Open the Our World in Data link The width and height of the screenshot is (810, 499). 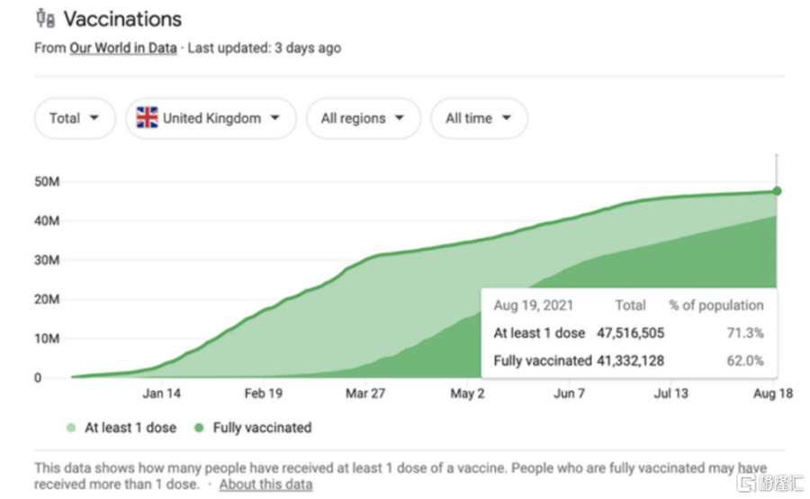pyautogui.click(x=122, y=48)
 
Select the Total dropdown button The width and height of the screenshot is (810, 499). pyautogui.click(x=75, y=118)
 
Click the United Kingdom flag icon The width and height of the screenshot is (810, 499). pyautogui.click(x=147, y=118)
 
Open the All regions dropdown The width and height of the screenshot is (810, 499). pyautogui.click(x=363, y=118)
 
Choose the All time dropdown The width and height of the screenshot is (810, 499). pyautogui.click(x=479, y=118)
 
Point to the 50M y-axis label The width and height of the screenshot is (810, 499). pyautogui.click(x=47, y=182)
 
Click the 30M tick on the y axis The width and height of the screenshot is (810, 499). pyautogui.click(x=47, y=260)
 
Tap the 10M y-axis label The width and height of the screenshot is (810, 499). pyautogui.click(x=47, y=339)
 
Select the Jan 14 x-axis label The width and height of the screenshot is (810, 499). pyautogui.click(x=161, y=394)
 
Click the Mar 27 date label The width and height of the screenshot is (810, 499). pyautogui.click(x=364, y=394)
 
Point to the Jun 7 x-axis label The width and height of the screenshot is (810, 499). pyautogui.click(x=569, y=394)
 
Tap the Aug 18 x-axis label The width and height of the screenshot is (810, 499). pyautogui.click(x=773, y=394)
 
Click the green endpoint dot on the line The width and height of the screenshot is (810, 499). pyautogui.click(x=777, y=191)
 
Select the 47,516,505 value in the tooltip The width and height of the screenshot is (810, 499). pyautogui.click(x=630, y=333)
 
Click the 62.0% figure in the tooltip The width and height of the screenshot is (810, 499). pyautogui.click(x=745, y=361)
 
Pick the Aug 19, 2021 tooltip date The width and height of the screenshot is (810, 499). pyautogui.click(x=533, y=305)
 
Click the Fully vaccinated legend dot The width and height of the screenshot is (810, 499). pyautogui.click(x=199, y=428)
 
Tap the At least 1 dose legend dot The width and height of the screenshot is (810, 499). pyautogui.click(x=71, y=428)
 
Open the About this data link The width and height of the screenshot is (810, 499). pyautogui.click(x=265, y=485)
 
